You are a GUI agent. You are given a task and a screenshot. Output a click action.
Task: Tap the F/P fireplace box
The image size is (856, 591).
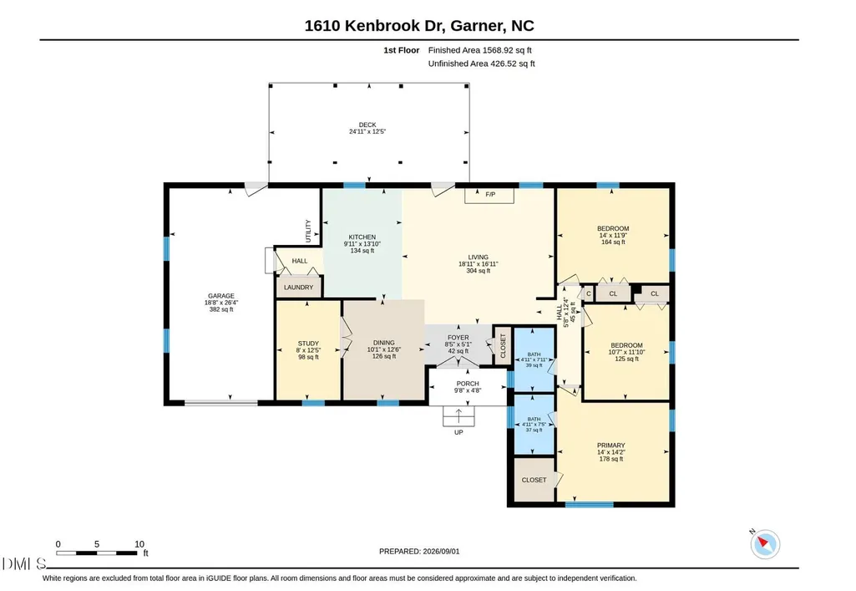pos(489,195)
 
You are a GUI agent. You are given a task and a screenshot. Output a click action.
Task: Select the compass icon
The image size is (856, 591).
pos(765,544)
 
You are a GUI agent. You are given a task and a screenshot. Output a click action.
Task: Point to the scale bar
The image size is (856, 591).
pos(97,553)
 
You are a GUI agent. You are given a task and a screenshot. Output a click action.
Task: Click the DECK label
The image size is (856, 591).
pos(367,125)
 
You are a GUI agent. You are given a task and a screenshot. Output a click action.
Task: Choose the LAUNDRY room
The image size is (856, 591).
pos(299,288)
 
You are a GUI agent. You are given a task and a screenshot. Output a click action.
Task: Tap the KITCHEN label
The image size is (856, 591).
pos(362,237)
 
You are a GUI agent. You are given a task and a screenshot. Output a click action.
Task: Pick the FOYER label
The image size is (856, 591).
pos(458,338)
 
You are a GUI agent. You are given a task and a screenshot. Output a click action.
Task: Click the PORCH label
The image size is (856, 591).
pos(468,384)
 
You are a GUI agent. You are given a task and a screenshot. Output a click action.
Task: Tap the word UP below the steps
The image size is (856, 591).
pos(458,432)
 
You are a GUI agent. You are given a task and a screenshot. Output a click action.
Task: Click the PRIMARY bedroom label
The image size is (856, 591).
pos(610,446)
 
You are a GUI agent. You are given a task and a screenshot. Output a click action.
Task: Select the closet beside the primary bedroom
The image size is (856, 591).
pos(534,480)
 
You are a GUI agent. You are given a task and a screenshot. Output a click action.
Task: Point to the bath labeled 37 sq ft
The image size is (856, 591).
pos(534,425)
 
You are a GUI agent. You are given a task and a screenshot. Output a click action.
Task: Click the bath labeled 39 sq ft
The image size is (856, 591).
pos(534,359)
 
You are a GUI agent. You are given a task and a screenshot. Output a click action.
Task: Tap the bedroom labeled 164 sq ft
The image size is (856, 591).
pos(613,235)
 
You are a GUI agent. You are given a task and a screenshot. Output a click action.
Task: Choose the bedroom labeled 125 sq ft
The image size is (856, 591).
pos(626,352)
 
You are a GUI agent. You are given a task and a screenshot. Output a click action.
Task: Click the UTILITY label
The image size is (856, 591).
pos(308,231)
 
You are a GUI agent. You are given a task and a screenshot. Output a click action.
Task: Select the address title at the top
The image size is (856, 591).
pos(419,26)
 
